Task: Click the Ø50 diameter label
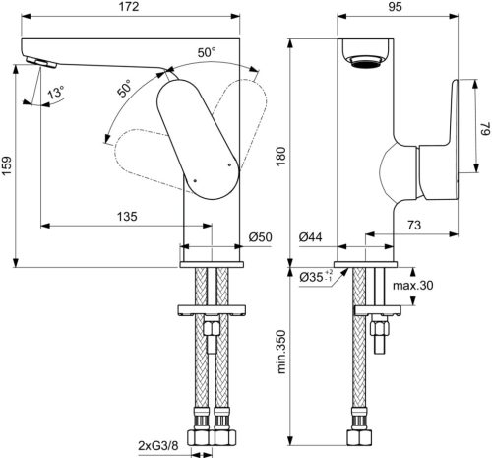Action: pyautogui.click(x=260, y=237)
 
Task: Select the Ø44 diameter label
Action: pyautogui.click(x=312, y=237)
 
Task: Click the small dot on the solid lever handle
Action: pyautogui.click(x=196, y=180)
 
